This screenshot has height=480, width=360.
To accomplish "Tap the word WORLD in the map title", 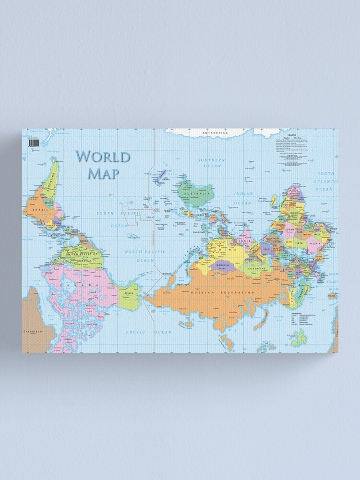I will [103, 156].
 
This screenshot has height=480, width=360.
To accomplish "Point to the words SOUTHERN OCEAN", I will [212, 163].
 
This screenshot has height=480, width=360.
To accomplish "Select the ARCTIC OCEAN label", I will [149, 332].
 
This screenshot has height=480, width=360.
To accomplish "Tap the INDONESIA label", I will [206, 215].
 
